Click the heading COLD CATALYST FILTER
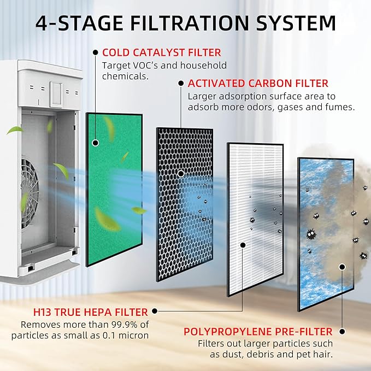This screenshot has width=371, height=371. point(162,52)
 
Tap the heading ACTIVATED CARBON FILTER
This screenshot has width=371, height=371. point(258,84)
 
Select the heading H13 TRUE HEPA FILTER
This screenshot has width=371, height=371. point(91,312)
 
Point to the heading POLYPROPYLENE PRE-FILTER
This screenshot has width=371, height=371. point(258,332)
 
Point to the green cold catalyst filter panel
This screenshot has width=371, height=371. point(114,189)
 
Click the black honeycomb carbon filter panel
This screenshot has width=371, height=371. point(185,205)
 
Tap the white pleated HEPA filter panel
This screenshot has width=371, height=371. point(255,219)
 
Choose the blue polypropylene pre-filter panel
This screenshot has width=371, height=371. point(326,234)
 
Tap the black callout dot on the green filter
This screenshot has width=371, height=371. point(96,143)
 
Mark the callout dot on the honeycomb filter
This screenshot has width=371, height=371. point(181,174)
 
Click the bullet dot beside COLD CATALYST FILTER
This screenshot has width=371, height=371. point(96,52)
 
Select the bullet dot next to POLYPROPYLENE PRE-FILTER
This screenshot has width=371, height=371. point(342,332)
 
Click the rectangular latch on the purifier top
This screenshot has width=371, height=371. point(56,95)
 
